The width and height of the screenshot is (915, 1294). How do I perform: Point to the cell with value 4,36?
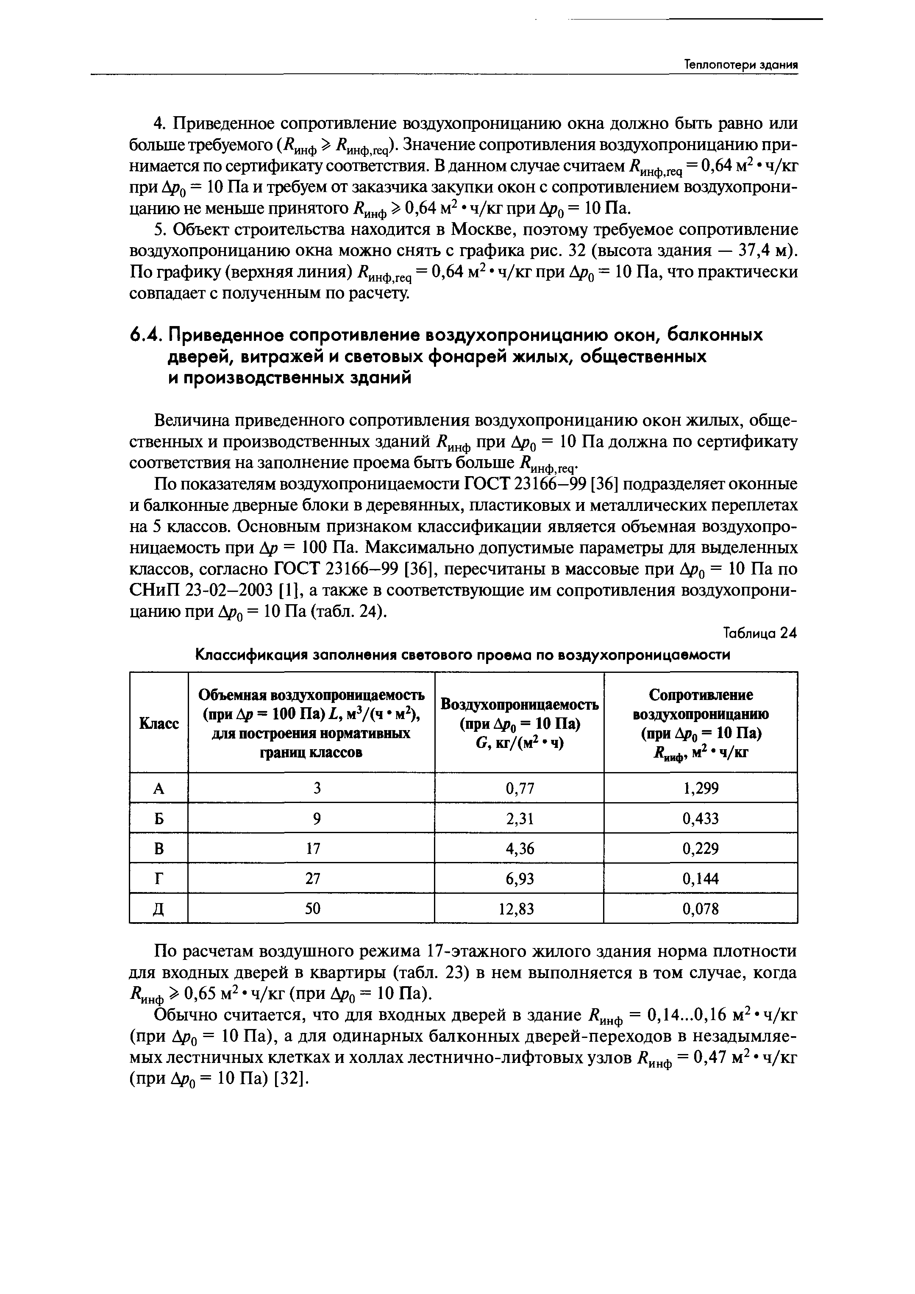click(x=520, y=848)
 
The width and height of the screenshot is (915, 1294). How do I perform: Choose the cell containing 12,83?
click(x=520, y=909)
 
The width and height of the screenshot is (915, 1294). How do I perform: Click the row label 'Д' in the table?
click(x=159, y=909)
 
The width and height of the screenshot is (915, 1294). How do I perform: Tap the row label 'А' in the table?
click(x=159, y=788)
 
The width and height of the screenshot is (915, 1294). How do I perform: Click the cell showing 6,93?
click(x=520, y=878)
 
